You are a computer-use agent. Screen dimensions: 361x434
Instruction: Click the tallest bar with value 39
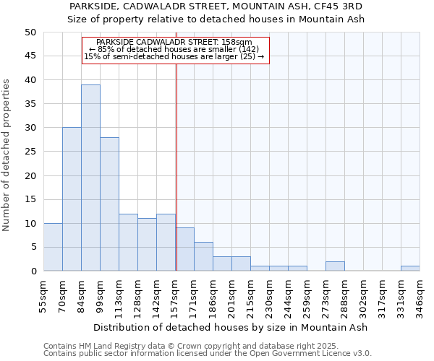[90, 178]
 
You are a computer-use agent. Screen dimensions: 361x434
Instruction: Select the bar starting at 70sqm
[72, 199]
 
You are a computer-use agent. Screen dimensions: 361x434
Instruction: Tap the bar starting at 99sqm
[109, 204]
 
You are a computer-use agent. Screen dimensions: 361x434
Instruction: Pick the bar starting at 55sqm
[53, 247]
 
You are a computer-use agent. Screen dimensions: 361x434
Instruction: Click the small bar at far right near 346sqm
[410, 269]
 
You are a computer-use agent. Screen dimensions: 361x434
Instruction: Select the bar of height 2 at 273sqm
[335, 266]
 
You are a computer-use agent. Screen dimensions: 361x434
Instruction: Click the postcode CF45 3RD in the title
[341, 6]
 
